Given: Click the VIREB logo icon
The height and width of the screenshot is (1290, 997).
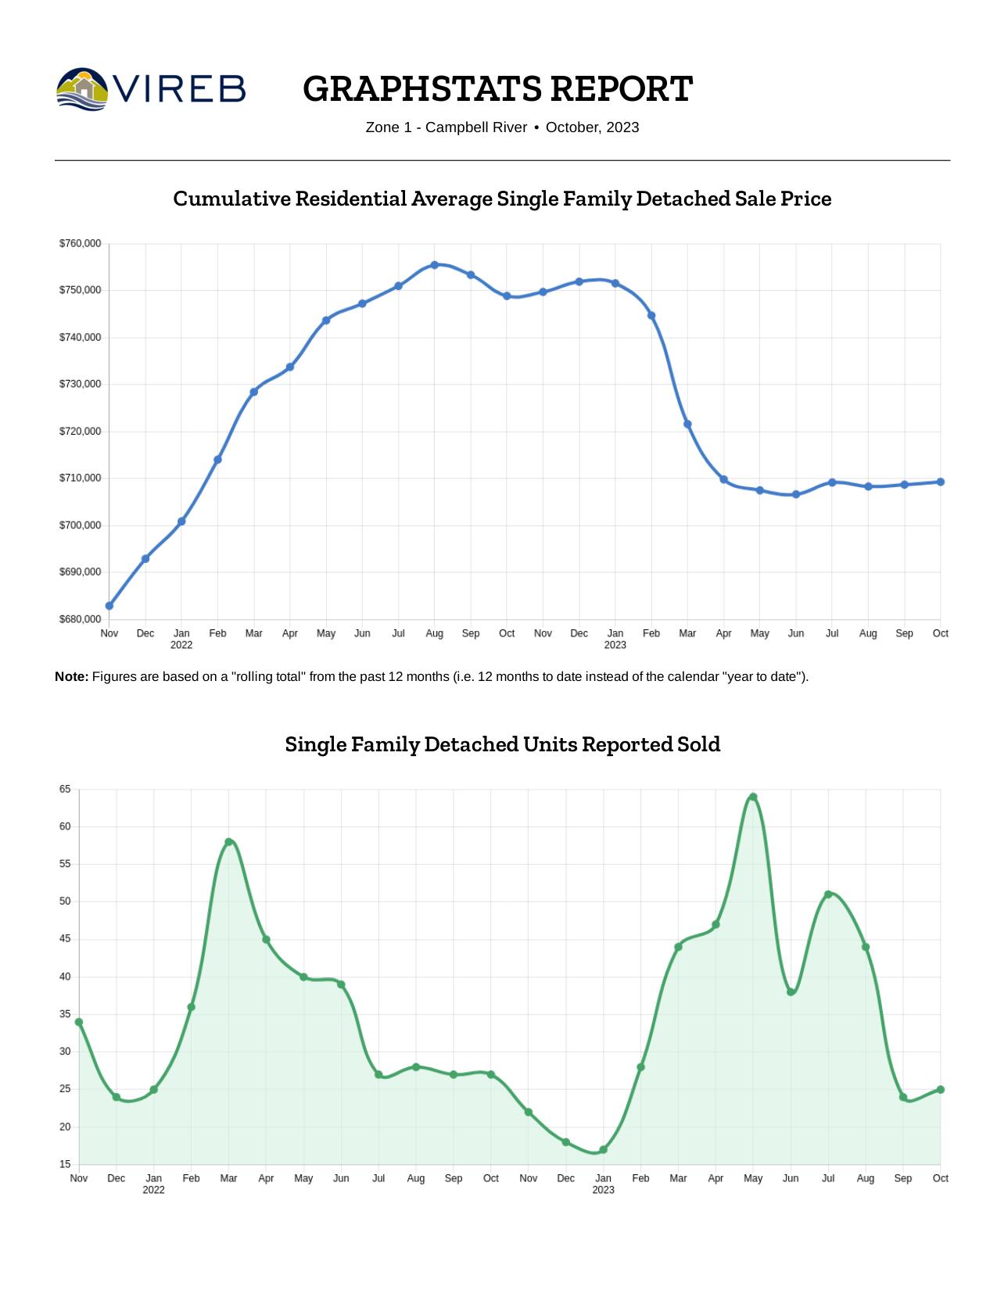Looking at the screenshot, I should [x=82, y=88].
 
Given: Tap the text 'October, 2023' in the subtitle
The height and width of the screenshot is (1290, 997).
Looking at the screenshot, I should [x=592, y=127].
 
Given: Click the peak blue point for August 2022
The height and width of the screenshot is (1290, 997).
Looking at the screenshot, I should [x=435, y=265].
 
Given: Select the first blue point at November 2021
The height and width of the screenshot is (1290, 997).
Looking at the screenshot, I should [x=109, y=606].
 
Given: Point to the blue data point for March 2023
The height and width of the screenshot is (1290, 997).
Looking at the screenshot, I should [x=687, y=425].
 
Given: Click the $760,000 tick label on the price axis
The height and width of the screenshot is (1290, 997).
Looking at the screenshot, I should [x=80, y=244].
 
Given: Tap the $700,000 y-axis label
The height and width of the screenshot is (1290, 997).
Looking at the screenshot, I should [x=80, y=525].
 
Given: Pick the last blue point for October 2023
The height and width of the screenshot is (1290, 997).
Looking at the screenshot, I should [x=941, y=482].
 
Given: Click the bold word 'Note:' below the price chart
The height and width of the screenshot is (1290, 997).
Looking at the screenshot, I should [x=71, y=676].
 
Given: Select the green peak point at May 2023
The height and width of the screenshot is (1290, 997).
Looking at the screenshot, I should [x=753, y=797].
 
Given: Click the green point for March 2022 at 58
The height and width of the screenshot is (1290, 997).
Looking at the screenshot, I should [x=228, y=842].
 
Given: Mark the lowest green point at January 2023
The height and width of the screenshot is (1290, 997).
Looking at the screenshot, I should [x=603, y=1150].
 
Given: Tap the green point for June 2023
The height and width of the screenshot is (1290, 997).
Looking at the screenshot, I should [x=791, y=992].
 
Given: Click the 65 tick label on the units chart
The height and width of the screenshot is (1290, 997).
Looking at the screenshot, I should [x=65, y=790].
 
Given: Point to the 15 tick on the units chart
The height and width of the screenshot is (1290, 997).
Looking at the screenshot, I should [x=65, y=1164].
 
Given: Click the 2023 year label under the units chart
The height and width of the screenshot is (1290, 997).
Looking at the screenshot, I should [x=603, y=1190].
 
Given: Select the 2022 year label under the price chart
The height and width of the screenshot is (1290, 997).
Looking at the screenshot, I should [x=181, y=645].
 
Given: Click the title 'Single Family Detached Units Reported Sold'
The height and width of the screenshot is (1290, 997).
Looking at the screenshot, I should [x=502, y=744].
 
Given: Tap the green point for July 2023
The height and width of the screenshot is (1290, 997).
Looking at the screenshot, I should [x=828, y=894].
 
